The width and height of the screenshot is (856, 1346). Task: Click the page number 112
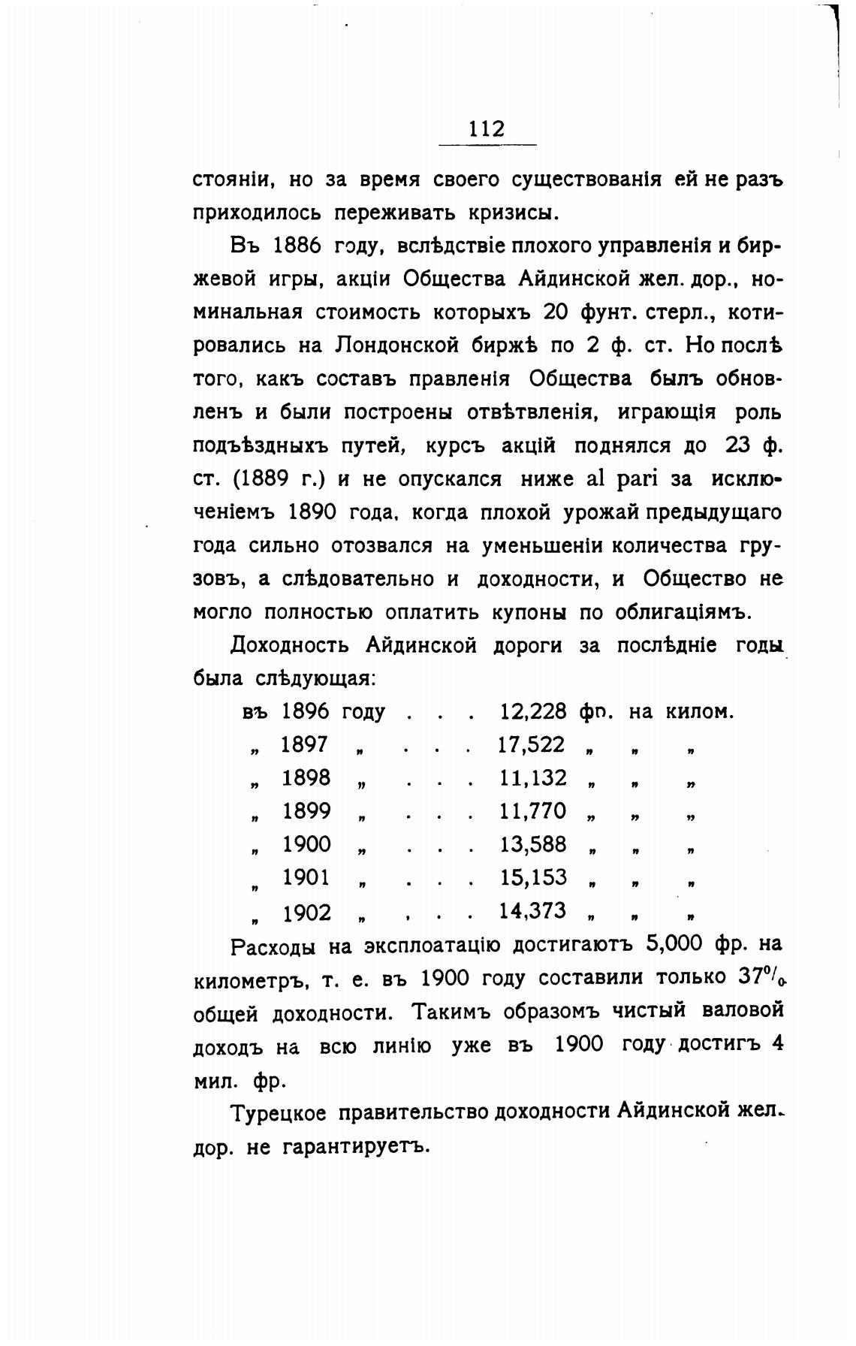(x=487, y=128)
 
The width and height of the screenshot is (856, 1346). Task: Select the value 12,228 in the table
(x=533, y=711)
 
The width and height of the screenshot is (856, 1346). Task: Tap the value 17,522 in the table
(x=532, y=744)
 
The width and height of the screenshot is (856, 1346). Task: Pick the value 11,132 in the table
(x=533, y=777)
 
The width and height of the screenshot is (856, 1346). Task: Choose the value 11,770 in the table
(x=533, y=810)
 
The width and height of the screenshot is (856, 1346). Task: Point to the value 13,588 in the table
(x=533, y=844)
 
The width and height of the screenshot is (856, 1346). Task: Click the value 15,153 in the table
(x=533, y=877)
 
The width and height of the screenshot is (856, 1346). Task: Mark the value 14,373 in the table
(x=533, y=910)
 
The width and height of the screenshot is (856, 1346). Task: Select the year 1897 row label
(x=305, y=744)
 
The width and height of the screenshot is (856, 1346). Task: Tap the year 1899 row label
(x=306, y=810)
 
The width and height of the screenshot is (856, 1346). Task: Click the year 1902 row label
(x=306, y=913)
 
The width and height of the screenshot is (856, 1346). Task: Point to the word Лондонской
(x=391, y=346)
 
